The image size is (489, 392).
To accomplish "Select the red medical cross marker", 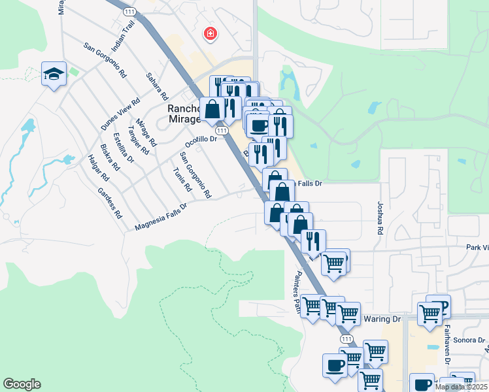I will pyautogui.click(x=211, y=33).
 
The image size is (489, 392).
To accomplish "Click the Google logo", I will pyautogui.click(x=22, y=384).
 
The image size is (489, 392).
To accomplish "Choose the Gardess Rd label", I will pyautogui.click(x=109, y=203).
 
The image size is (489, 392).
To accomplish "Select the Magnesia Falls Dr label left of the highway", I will pyautogui.click(x=161, y=216).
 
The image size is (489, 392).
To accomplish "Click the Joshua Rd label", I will pyautogui.click(x=380, y=218).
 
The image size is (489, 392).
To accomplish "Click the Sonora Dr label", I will pyautogui.click(x=472, y=340).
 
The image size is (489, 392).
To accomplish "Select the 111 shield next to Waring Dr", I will pyautogui.click(x=346, y=339).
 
